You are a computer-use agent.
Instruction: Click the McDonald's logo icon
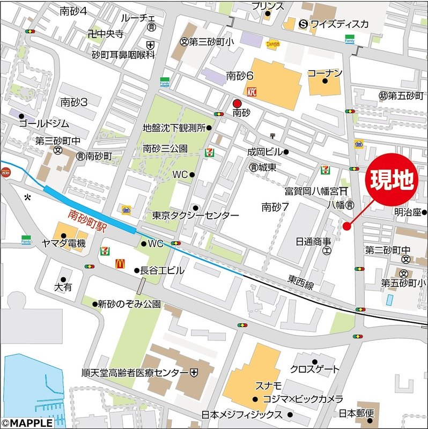tap(120, 264)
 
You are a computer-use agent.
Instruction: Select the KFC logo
tap(253, 92)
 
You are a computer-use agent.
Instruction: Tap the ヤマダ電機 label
tap(64, 243)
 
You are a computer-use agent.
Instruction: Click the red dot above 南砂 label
tap(237, 103)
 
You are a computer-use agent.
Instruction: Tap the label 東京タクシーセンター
tap(196, 215)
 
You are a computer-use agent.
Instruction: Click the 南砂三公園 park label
tap(165, 148)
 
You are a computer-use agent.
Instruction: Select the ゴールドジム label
tap(44, 124)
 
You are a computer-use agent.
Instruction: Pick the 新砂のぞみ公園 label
tap(129, 304)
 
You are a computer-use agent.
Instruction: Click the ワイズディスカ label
tap(340, 24)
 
